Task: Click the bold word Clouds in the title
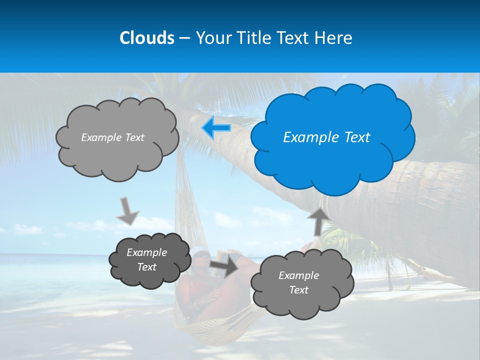point(146,38)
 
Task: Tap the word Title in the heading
point(253,38)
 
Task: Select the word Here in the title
point(334,38)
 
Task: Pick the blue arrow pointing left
point(216,128)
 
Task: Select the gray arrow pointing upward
point(318,220)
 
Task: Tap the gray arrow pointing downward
point(128,211)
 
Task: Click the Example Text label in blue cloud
point(326,137)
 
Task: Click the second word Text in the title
point(296,38)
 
